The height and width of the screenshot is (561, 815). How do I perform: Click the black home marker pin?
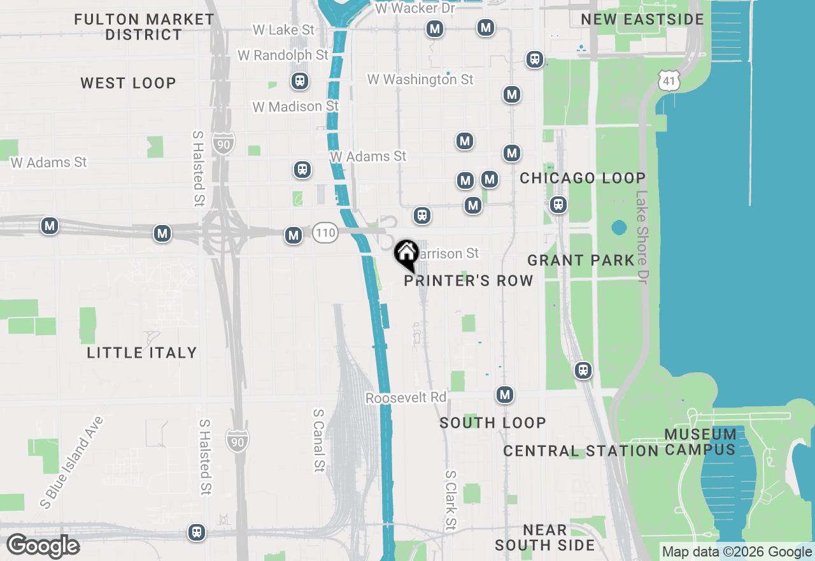pyautogui.click(x=406, y=254)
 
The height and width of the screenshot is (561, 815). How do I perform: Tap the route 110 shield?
pyautogui.click(x=325, y=233)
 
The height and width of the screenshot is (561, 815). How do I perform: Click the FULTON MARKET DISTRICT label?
pyautogui.click(x=145, y=27)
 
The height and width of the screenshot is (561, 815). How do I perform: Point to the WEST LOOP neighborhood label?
pyautogui.click(x=129, y=83)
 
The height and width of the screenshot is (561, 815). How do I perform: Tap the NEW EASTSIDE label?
pyautogui.click(x=642, y=19)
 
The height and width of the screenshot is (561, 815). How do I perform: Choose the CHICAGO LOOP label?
pyautogui.click(x=583, y=178)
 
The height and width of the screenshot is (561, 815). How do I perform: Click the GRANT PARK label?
pyautogui.click(x=581, y=260)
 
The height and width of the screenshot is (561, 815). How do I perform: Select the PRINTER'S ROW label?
pyautogui.click(x=469, y=281)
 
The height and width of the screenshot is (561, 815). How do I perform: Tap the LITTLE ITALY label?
pyautogui.click(x=142, y=353)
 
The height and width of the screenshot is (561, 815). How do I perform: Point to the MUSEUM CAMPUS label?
pyautogui.click(x=700, y=442)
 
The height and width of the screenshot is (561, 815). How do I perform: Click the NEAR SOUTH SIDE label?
pyautogui.click(x=544, y=537)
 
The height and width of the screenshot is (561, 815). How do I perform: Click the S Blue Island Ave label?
pyautogui.click(x=71, y=462)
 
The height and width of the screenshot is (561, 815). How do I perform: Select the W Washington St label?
pyautogui.click(x=420, y=80)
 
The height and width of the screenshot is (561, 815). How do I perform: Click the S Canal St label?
pyautogui.click(x=318, y=441)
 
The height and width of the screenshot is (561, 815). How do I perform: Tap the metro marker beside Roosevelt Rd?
pyautogui.click(x=505, y=395)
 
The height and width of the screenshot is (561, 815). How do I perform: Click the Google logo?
pyautogui.click(x=43, y=546)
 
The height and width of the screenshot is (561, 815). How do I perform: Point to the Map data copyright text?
pyautogui.click(x=737, y=552)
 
